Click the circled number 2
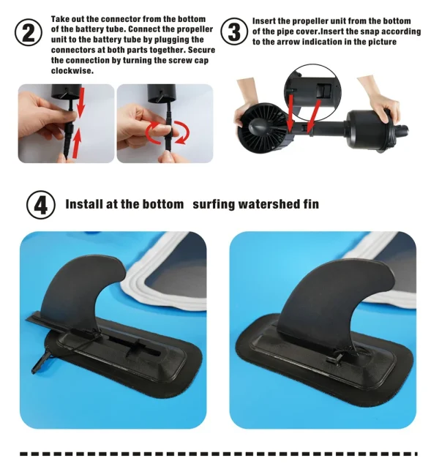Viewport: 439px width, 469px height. coord(29,32)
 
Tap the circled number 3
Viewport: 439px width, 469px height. coord(234,31)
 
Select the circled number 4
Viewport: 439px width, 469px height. coord(41,205)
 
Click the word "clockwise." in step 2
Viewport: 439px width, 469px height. coord(72,71)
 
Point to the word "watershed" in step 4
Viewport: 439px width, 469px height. coord(264,204)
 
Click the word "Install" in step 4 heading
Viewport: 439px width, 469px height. coord(83,204)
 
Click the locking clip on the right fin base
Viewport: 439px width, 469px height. coord(335,358)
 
